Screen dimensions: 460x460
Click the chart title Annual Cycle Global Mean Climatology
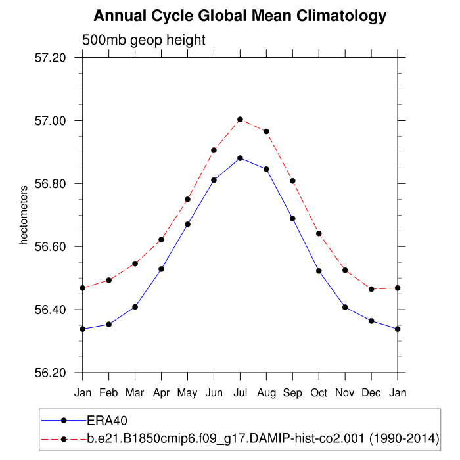(x=240, y=15)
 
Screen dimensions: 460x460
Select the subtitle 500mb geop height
(x=144, y=40)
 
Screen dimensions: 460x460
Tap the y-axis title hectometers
(x=24, y=215)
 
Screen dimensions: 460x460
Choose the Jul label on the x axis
(x=240, y=392)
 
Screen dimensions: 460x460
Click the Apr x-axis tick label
(x=161, y=392)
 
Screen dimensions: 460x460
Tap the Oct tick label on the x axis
(x=319, y=392)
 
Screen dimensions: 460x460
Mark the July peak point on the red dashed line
(x=240, y=120)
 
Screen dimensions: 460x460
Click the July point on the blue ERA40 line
(x=240, y=158)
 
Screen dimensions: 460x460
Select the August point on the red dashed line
(x=266, y=131)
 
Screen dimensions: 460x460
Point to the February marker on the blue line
(x=109, y=324)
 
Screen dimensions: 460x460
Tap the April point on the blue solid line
(x=161, y=269)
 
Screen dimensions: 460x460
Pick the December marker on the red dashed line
(x=371, y=289)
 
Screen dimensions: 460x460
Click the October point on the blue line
(x=319, y=271)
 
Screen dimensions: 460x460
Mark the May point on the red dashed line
(x=187, y=199)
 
